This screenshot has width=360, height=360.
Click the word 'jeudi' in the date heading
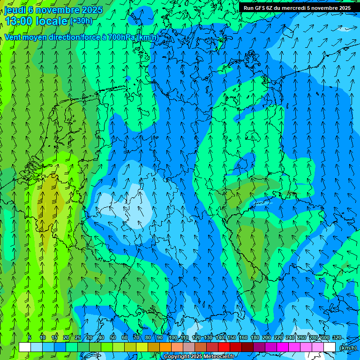coord(15,10)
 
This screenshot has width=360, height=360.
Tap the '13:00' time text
coord(18,21)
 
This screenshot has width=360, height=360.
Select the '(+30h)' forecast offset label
coord(81,21)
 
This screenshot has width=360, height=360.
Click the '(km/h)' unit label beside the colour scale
coord(347,348)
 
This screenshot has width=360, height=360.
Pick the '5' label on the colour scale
coord(30,337)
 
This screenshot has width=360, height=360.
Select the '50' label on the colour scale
coord(113,337)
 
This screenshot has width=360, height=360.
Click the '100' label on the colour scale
coord(173,337)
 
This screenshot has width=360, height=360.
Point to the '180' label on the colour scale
coord(255,337)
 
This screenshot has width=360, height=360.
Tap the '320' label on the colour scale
coord(337,337)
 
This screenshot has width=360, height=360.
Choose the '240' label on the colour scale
coord(290,337)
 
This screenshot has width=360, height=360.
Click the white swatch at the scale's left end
coord(25,347)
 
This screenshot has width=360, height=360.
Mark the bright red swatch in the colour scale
coord(224,347)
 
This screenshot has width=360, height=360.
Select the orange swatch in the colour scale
coord(165,347)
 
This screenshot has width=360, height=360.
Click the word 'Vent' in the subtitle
coord(13,37)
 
